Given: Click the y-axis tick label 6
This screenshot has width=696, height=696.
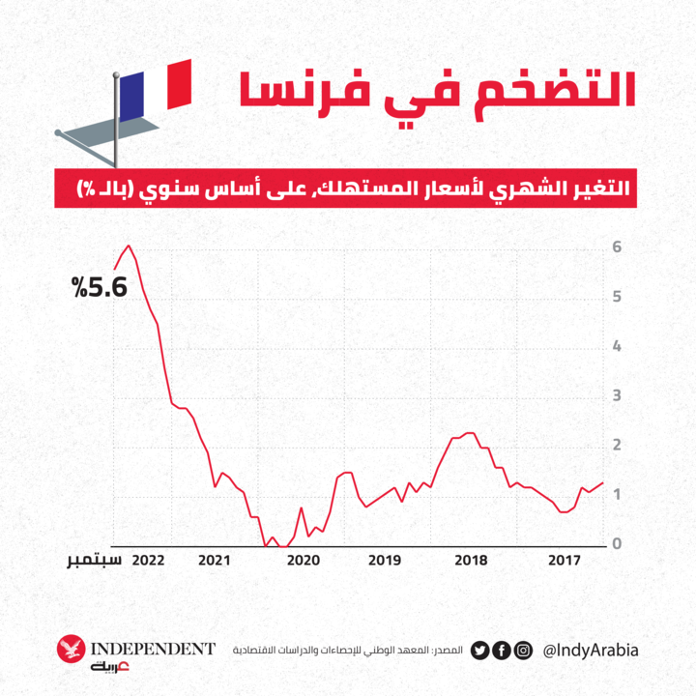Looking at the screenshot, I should click(617, 247).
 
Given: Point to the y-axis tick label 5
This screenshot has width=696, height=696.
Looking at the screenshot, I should click(617, 297).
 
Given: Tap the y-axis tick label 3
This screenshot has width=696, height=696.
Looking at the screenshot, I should click(617, 396).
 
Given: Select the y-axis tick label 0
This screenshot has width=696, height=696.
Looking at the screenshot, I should click(617, 544).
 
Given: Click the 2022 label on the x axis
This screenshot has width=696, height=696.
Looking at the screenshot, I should click(149, 560).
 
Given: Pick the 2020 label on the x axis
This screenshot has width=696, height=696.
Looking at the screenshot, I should click(303, 560).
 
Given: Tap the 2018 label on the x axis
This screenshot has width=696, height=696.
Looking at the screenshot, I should click(471, 560).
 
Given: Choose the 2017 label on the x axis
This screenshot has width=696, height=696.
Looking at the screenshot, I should click(563, 560).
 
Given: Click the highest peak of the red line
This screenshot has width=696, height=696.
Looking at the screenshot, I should click(129, 246).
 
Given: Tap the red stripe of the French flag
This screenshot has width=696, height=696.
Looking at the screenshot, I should click(179, 83).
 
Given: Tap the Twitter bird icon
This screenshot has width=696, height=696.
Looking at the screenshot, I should click(479, 650).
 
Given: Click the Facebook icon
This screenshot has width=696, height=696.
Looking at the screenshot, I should click(501, 650).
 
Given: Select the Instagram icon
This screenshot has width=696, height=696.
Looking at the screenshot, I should click(522, 650).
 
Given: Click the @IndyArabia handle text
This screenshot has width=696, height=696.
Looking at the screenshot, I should click(591, 650).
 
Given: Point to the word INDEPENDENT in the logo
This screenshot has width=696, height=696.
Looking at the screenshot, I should click(152, 648).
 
